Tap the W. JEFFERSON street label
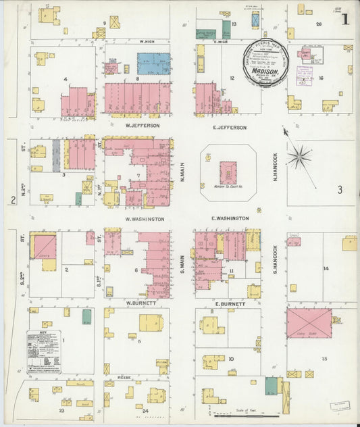point(142,126)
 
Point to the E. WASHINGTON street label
point(230,218)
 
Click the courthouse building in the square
point(228,171)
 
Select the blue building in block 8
point(154,64)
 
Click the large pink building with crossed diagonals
point(309,323)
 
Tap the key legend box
point(44,351)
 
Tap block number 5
point(139,342)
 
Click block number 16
point(322,78)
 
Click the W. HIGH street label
point(148,41)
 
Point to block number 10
point(231,359)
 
